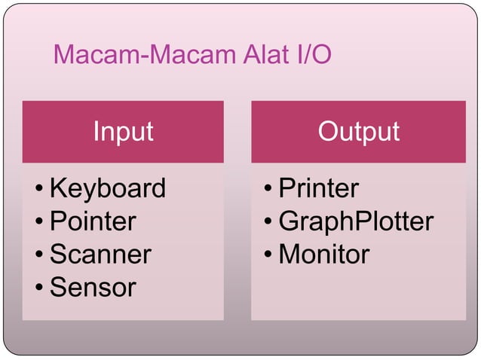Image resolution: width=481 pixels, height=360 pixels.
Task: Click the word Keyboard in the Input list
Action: coord(107,188)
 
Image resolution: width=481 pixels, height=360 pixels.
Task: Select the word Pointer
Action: coord(93,221)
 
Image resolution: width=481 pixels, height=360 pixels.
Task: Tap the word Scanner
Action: coord(100,255)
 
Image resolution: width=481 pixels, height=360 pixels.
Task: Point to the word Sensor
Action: coord(93,287)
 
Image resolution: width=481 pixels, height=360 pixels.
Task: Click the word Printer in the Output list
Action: coord(318,188)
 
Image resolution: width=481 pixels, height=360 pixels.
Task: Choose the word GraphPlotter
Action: coord(356,221)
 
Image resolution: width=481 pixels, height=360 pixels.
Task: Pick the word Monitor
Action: coord(324,255)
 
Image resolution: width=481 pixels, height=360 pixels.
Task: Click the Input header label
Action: coord(123,132)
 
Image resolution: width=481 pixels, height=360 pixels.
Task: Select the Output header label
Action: coord(358,132)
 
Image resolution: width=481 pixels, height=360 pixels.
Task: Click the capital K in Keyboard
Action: coord(57,188)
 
